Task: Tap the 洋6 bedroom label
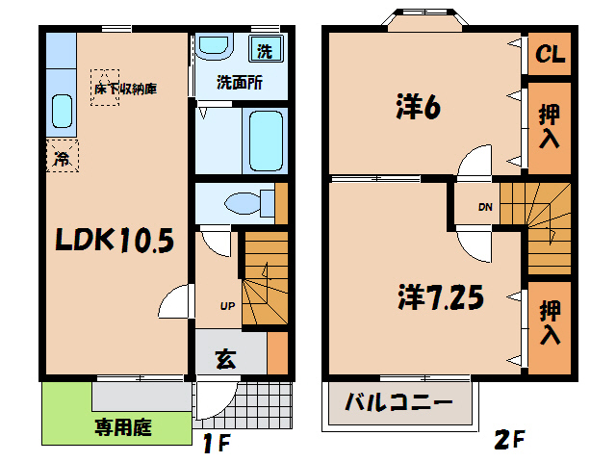pos(417,106)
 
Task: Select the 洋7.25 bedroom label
pos(439,296)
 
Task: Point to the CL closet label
pos(550,55)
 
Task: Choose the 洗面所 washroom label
pos(239,83)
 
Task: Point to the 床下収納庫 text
pos(124,90)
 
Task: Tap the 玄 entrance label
pos(225,360)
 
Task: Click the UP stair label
pos(228,307)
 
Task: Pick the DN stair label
pos(484,208)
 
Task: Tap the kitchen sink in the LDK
pos(60,115)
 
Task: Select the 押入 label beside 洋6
pos(550,127)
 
